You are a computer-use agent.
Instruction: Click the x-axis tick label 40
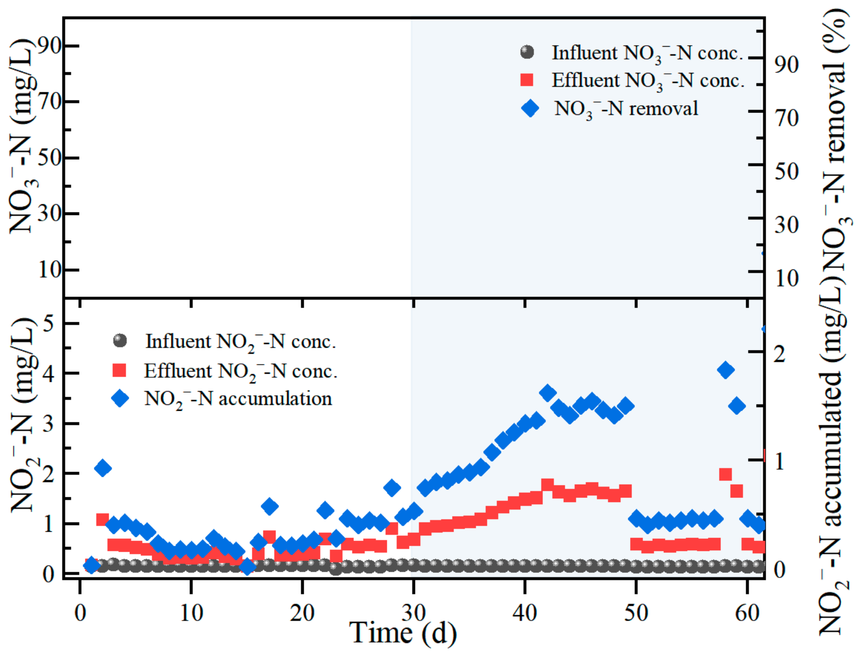[524, 612]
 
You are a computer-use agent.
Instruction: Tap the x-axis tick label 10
[191, 612]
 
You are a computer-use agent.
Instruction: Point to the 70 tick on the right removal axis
[787, 118]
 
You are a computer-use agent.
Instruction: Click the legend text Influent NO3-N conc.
[648, 53]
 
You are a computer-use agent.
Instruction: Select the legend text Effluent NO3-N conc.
[649, 81]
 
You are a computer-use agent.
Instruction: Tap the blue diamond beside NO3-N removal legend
[530, 108]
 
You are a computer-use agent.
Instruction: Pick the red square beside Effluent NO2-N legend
[119, 370]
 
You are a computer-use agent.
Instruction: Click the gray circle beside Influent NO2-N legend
[120, 340]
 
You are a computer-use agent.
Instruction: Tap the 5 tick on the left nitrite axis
[48, 323]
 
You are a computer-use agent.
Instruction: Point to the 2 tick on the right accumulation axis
[779, 354]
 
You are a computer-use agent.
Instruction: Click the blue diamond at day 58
[725, 370]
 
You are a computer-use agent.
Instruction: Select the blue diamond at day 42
[547, 392]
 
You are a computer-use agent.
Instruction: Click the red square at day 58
[725, 474]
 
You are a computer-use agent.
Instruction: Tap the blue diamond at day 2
[103, 468]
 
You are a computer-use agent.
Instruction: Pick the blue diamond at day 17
[269, 507]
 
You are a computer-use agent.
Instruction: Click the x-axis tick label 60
[747, 612]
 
